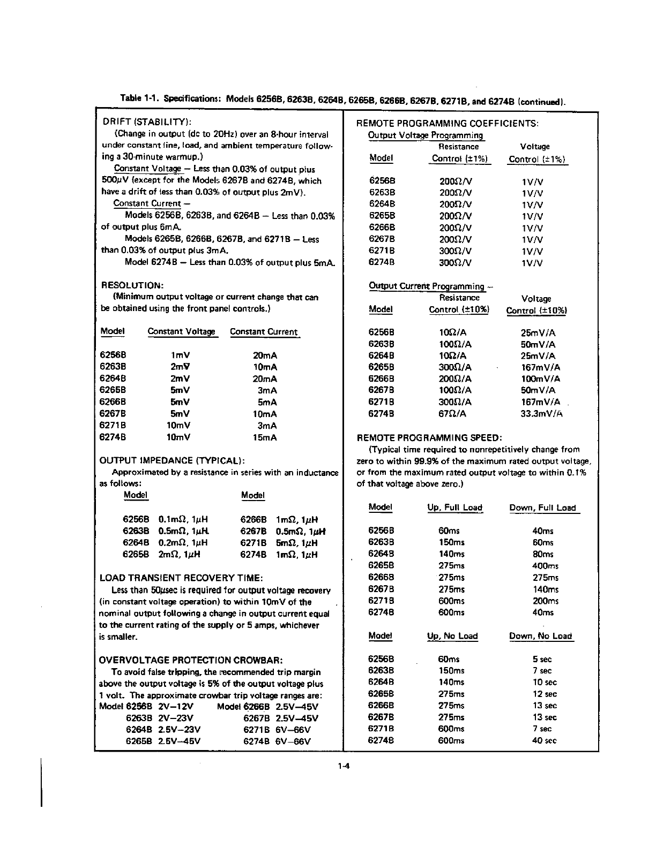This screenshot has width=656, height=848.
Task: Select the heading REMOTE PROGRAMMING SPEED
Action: (x=429, y=437)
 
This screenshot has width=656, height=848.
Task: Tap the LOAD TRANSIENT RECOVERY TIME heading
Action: (x=181, y=578)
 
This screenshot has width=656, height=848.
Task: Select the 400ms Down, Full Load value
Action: (x=546, y=566)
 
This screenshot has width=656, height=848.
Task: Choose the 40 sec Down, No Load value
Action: (x=545, y=741)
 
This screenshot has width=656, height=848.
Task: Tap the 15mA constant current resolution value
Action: (x=264, y=437)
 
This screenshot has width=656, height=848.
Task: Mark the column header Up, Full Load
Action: (x=454, y=508)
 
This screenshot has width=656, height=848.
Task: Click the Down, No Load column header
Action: (x=540, y=636)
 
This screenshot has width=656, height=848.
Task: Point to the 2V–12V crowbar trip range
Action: (x=176, y=707)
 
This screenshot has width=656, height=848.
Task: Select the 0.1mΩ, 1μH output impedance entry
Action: (x=183, y=519)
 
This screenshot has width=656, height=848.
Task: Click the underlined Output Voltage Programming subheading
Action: (x=426, y=135)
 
